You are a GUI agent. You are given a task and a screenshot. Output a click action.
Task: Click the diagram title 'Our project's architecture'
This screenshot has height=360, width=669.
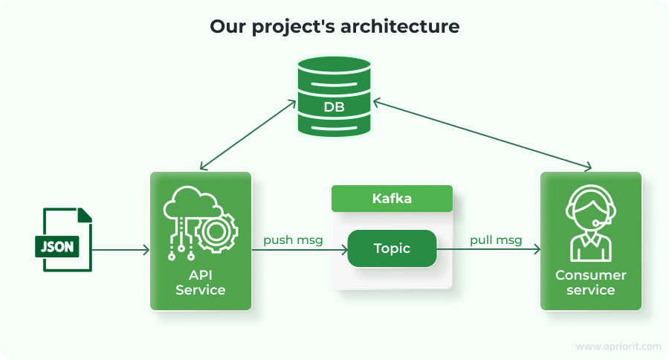click(x=334, y=27)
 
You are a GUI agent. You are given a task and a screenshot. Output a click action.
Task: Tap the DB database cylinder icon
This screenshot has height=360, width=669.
click(x=334, y=97)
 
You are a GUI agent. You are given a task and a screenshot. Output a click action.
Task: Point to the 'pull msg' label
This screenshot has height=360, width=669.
click(x=495, y=240)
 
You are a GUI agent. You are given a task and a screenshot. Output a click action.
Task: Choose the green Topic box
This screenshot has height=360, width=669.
click(x=392, y=248)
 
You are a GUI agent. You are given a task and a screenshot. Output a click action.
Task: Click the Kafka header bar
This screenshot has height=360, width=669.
click(x=392, y=199)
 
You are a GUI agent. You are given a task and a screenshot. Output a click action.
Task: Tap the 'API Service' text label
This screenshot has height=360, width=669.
click(x=200, y=283)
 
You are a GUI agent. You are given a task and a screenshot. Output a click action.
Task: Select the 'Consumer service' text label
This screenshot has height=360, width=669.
click(x=590, y=283)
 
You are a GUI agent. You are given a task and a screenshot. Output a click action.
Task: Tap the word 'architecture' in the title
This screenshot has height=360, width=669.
click(x=401, y=27)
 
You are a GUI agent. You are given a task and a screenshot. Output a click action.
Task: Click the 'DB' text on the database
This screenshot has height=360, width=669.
click(x=334, y=107)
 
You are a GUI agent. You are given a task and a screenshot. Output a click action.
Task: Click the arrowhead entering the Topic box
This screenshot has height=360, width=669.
click(x=344, y=250)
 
